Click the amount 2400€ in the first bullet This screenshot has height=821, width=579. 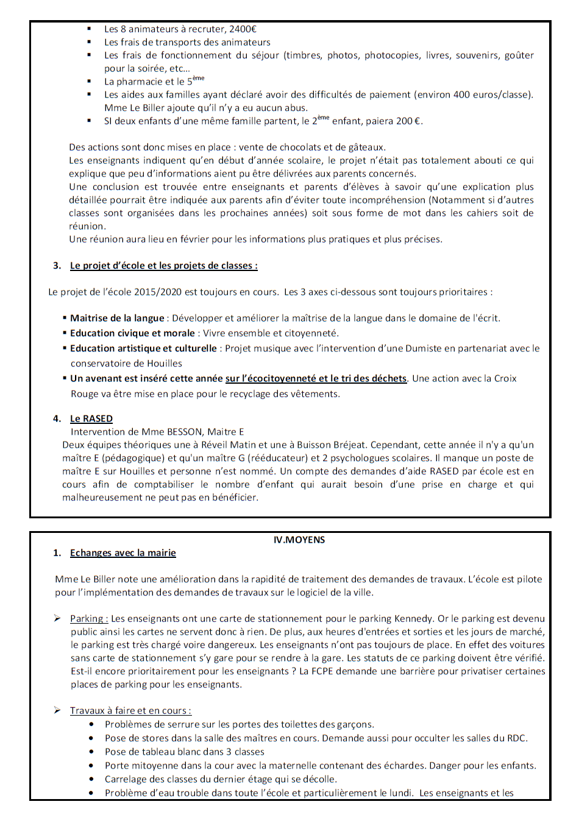pos(243,29)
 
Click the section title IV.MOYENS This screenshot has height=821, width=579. pos(299,540)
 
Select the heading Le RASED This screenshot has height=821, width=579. pos(91,418)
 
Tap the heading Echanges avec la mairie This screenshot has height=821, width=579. pos(123,553)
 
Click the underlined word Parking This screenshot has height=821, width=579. pos(88,619)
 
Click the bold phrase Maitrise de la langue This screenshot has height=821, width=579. pos(117,318)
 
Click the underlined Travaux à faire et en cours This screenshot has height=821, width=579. pos(130,711)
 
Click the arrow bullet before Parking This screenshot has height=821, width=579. pos(57,619)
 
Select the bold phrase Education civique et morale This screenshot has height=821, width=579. pos(132,333)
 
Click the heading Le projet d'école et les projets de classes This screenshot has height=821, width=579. pos(163,266)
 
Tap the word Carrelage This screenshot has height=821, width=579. pos(126,780)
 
